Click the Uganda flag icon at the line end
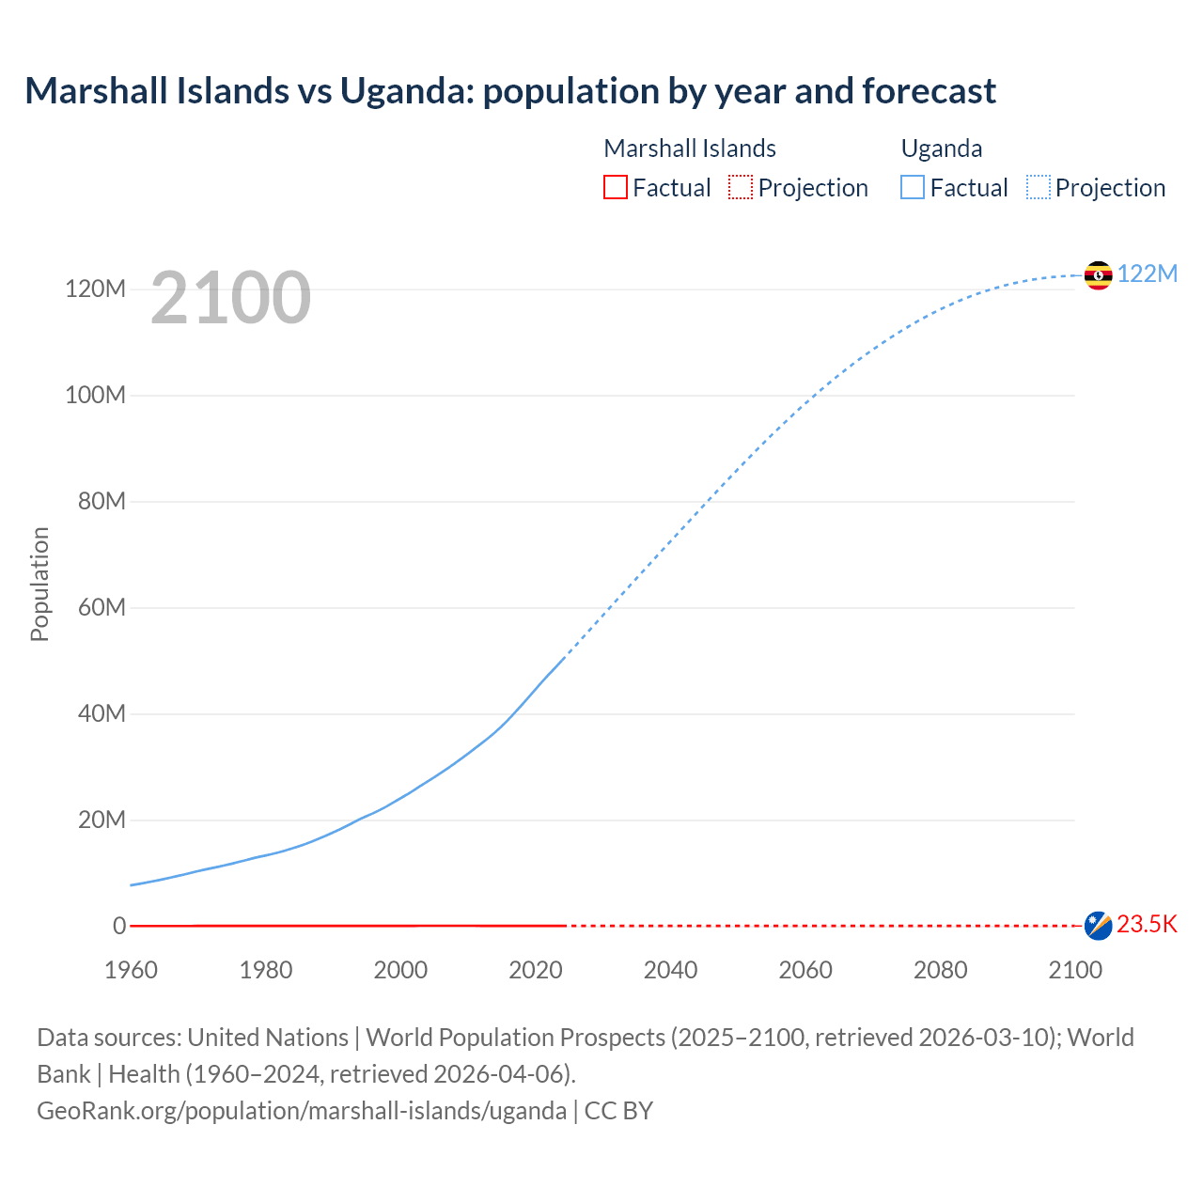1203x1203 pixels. tap(1098, 275)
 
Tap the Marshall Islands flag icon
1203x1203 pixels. tap(1098, 926)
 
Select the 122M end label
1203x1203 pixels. tap(1148, 273)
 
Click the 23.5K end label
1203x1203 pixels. tap(1147, 925)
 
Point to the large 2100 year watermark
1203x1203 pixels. tap(230, 298)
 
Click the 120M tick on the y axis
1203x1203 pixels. tap(95, 289)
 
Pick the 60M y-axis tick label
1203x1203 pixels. tap(102, 607)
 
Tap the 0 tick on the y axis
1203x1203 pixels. tap(119, 926)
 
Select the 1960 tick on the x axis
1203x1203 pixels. tap(131, 970)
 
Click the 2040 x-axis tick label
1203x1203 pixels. tap(670, 970)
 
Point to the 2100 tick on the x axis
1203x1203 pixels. tap(1075, 970)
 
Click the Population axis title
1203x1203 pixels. tap(39, 584)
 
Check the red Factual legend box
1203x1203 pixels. tap(616, 187)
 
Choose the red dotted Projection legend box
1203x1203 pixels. tap(741, 187)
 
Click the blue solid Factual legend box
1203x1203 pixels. tap(913, 187)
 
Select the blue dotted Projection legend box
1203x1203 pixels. tap(1039, 187)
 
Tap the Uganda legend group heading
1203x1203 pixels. tap(942, 148)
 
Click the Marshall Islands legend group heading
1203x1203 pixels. tap(690, 148)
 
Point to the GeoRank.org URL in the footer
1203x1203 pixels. tap(302, 1111)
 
